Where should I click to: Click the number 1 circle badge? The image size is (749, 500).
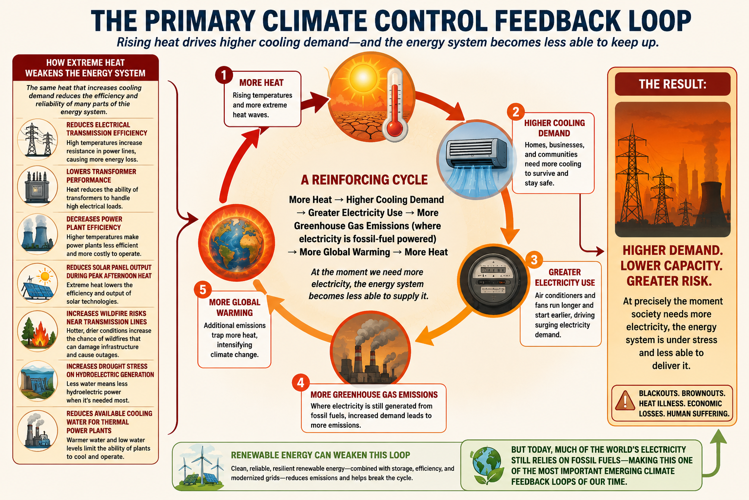(224, 75)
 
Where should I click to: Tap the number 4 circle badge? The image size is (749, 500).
(300, 382)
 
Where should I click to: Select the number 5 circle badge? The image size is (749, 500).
(203, 290)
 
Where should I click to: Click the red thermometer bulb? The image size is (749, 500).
(395, 128)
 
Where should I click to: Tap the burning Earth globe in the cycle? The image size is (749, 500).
(237, 243)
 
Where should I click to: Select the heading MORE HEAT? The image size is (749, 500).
(261, 83)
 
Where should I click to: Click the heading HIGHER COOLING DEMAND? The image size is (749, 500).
(554, 128)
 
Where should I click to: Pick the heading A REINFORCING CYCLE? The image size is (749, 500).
(364, 180)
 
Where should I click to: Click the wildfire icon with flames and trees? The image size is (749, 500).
(38, 331)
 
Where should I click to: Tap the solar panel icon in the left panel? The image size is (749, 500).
(38, 283)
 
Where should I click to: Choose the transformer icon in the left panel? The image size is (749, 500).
(38, 186)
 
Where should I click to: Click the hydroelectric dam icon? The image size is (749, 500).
(38, 381)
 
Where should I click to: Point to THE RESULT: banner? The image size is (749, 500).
(672, 84)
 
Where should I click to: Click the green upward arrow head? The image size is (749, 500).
(718, 437)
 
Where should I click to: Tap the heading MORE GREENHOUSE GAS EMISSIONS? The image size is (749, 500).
(374, 395)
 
